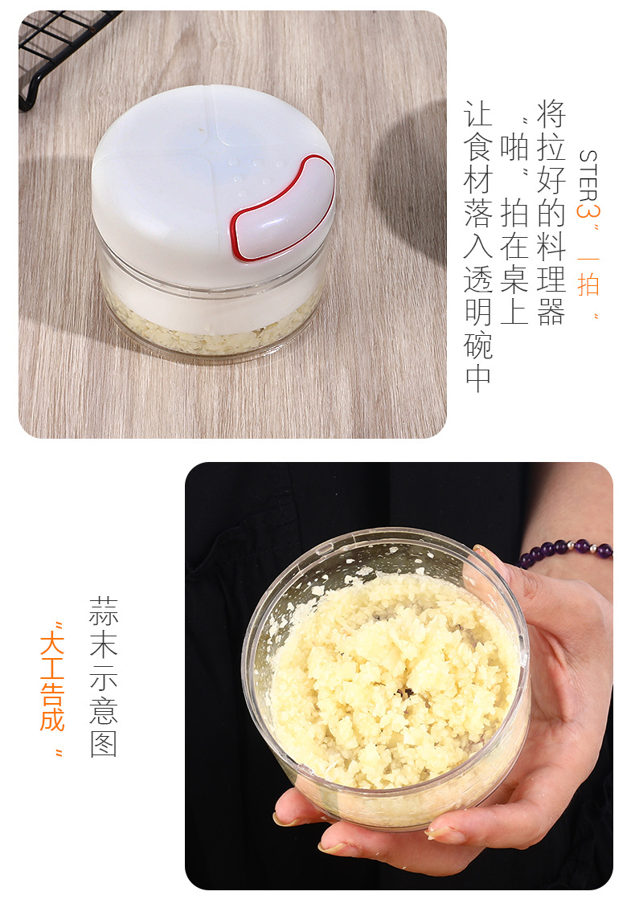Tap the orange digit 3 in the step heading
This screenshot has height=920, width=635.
588,211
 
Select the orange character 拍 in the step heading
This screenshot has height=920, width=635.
588,283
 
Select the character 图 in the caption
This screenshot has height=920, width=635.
104,744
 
